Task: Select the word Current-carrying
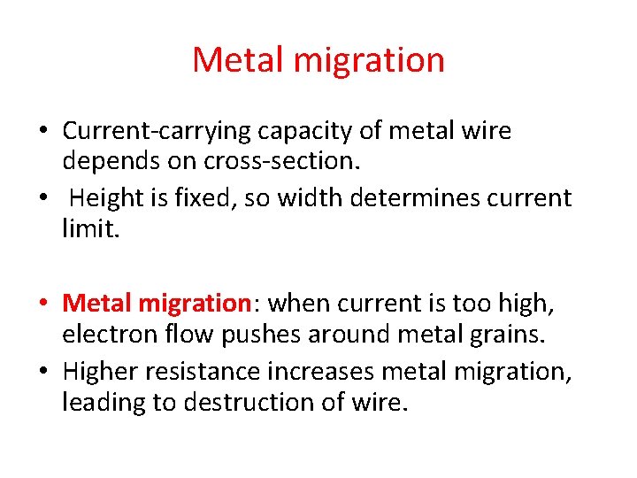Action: click(x=157, y=132)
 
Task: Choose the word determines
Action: click(x=422, y=197)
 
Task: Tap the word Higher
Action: click(x=104, y=370)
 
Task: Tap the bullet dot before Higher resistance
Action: click(x=42, y=370)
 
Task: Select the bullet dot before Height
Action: click(x=42, y=198)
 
